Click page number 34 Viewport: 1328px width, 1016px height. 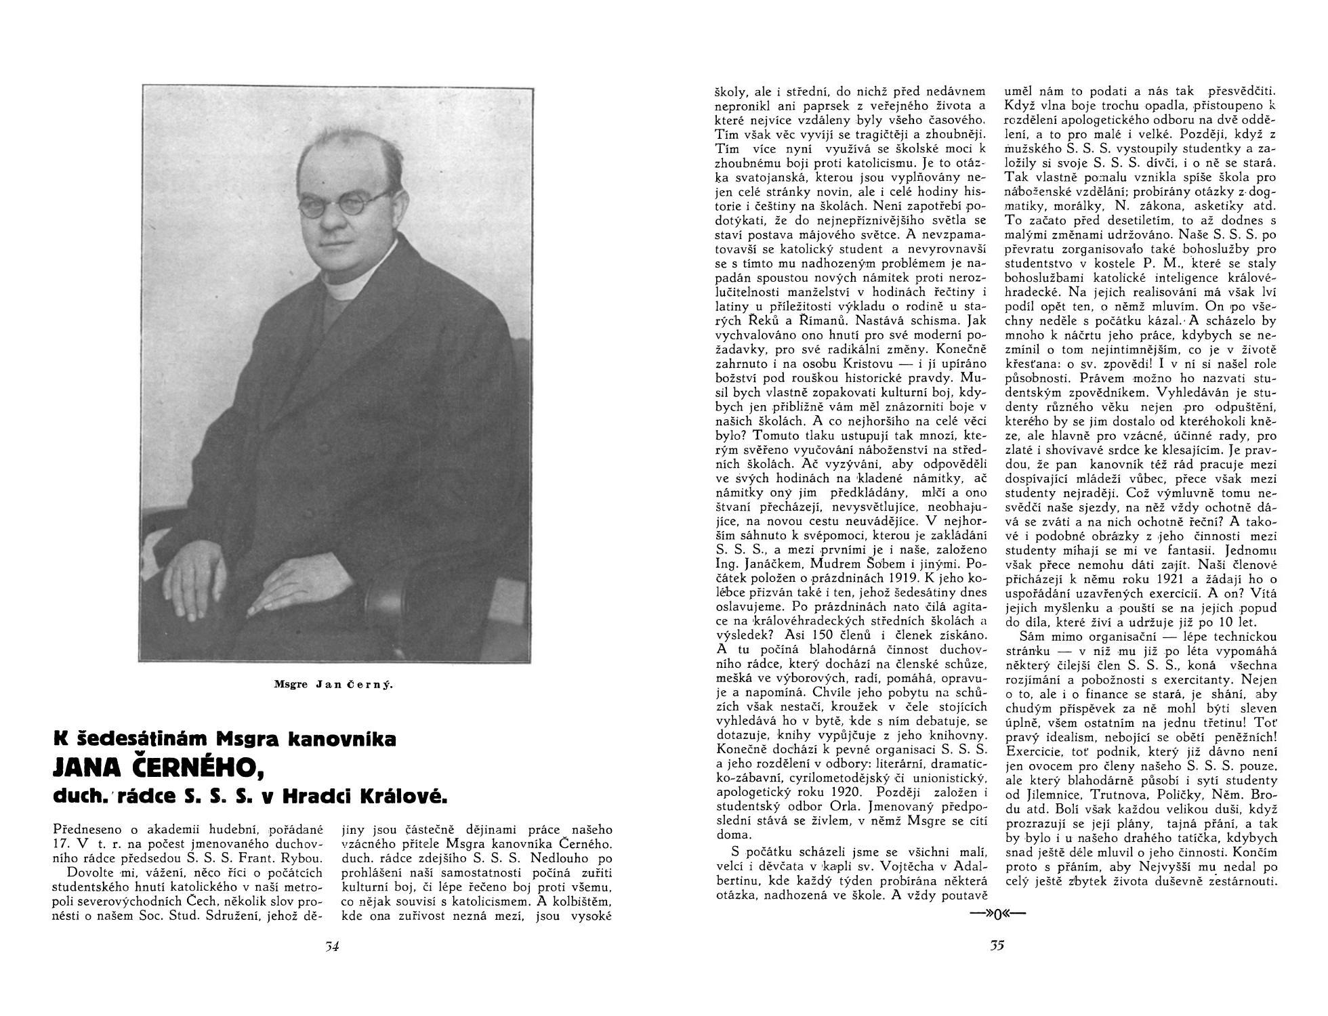click(x=331, y=947)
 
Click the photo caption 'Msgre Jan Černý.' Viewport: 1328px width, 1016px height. click(x=333, y=685)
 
